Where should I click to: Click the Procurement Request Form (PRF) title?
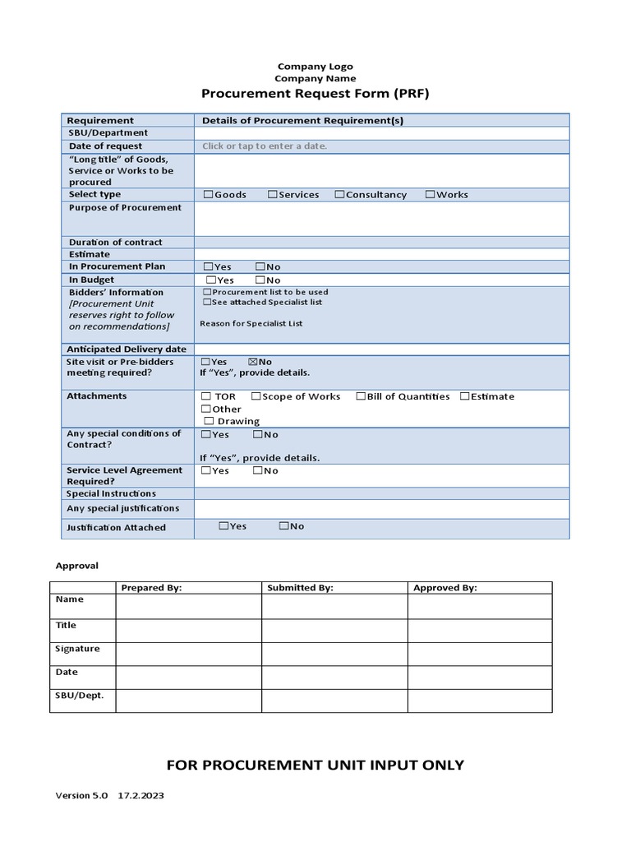(x=315, y=94)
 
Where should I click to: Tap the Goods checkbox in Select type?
(x=208, y=195)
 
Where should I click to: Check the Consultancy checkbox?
(x=339, y=195)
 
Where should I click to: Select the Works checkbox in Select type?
(x=430, y=195)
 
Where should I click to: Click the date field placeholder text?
(x=265, y=146)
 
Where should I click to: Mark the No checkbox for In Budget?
(x=260, y=280)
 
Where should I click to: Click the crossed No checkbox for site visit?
(x=252, y=362)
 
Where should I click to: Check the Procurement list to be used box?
(x=206, y=292)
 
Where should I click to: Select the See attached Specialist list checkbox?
(x=206, y=303)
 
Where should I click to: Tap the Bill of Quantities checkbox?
(x=361, y=396)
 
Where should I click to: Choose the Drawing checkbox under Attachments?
(x=208, y=421)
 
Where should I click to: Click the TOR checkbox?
(x=206, y=396)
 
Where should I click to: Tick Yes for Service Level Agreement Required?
(x=205, y=470)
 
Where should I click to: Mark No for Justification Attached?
(x=283, y=526)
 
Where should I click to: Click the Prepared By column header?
(x=151, y=588)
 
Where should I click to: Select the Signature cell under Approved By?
(x=480, y=654)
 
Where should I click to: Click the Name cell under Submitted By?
(x=334, y=606)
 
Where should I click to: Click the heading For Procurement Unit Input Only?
(x=315, y=765)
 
